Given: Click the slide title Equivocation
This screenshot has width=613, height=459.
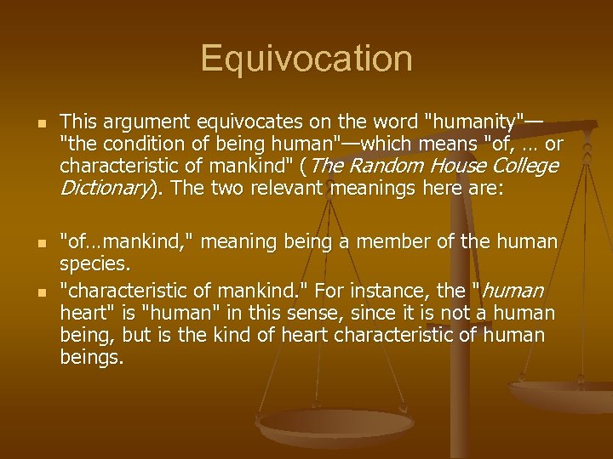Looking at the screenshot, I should coord(306,59).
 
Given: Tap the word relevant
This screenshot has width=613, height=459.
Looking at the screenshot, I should coord(292,187).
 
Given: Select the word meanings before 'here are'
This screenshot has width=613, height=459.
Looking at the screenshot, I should coord(382,187).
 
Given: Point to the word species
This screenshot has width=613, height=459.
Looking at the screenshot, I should coord(95,264).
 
